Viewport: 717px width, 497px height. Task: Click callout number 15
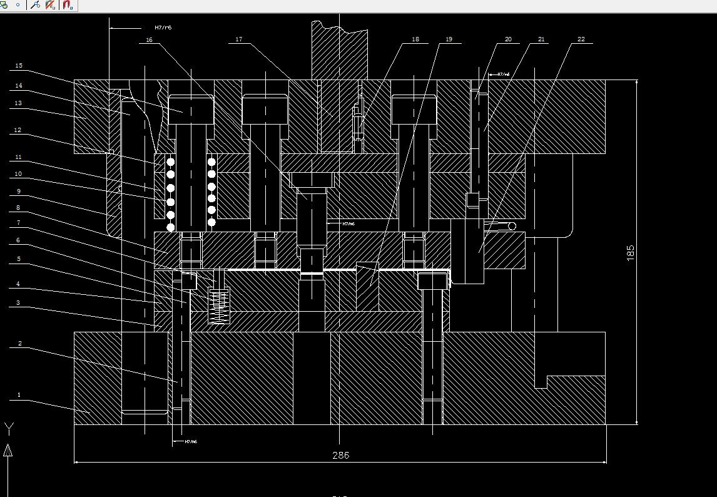pyautogui.click(x=19, y=66)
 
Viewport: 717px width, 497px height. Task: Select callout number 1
pyautogui.click(x=19, y=395)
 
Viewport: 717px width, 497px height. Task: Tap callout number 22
pyautogui.click(x=581, y=39)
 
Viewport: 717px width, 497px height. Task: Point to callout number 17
pyautogui.click(x=239, y=39)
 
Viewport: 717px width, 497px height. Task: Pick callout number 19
pyautogui.click(x=449, y=39)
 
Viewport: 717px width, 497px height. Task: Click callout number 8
pyautogui.click(x=19, y=207)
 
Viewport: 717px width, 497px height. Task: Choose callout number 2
pyautogui.click(x=20, y=344)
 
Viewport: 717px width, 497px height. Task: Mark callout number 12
pyautogui.click(x=19, y=130)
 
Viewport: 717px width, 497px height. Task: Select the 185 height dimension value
pyautogui.click(x=630, y=252)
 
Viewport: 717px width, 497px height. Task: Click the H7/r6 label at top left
pyautogui.click(x=163, y=28)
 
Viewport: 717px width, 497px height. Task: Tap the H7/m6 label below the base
pyautogui.click(x=191, y=442)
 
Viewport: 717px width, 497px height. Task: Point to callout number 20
pyautogui.click(x=508, y=39)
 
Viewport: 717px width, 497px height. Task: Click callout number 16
pyautogui.click(x=149, y=40)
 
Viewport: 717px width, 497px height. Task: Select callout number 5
pyautogui.click(x=19, y=259)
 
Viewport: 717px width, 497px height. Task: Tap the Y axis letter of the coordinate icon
pyautogui.click(x=9, y=429)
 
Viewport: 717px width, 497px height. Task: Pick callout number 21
pyautogui.click(x=541, y=39)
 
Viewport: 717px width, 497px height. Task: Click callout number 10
pyautogui.click(x=19, y=174)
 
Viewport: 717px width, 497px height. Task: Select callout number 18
pyautogui.click(x=415, y=39)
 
